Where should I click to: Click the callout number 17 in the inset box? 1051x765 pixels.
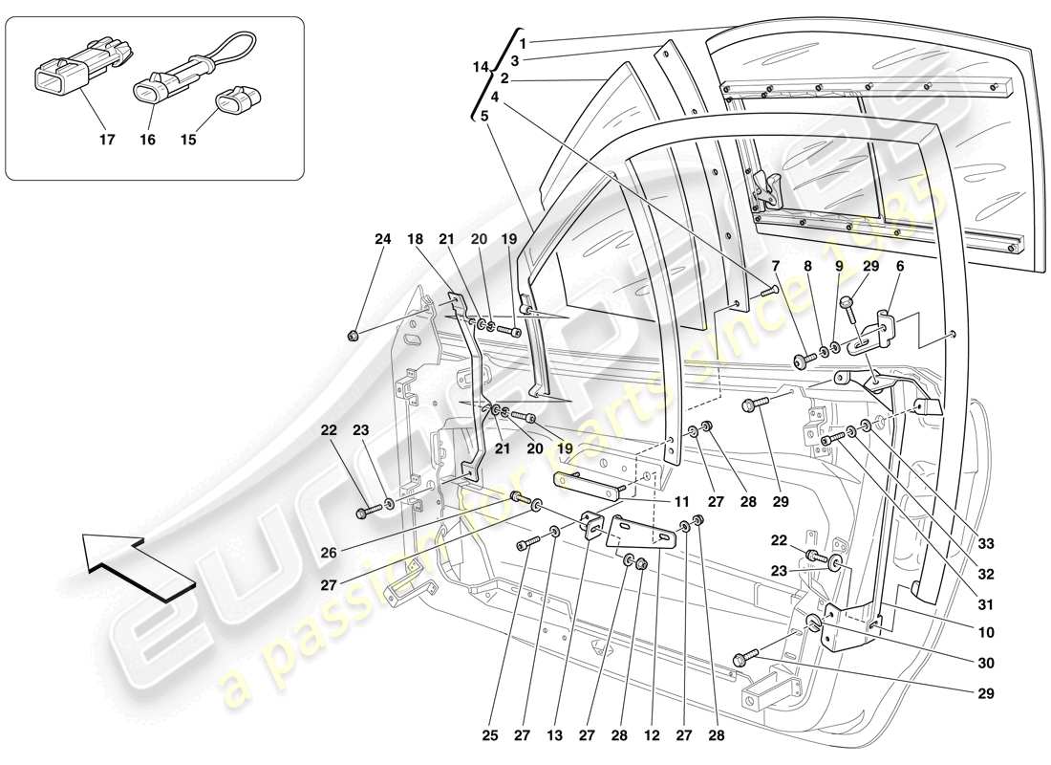coord(106,140)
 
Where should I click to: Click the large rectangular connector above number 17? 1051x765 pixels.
coord(74,65)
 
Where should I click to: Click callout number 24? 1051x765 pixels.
coord(382,239)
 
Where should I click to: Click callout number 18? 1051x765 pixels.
coord(415,239)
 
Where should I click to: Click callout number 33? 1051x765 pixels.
coord(985,544)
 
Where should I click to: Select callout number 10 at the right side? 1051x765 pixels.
coord(985,632)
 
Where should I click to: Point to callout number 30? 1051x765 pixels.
coord(985,663)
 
